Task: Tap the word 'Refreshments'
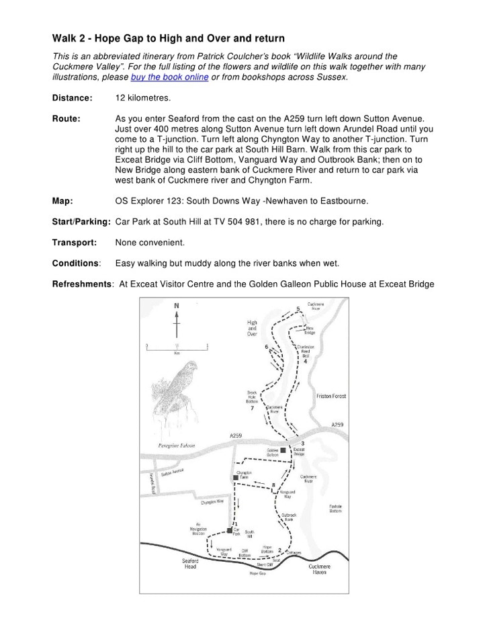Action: click(x=82, y=284)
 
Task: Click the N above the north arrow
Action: click(x=177, y=306)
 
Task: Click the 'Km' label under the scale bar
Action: click(x=177, y=352)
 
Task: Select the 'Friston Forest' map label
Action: click(x=331, y=397)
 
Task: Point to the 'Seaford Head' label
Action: click(x=191, y=563)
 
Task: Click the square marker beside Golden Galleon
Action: click(x=283, y=450)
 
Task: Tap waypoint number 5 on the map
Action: click(x=298, y=308)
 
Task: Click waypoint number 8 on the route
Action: click(x=273, y=485)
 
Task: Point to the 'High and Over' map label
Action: click(x=252, y=327)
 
